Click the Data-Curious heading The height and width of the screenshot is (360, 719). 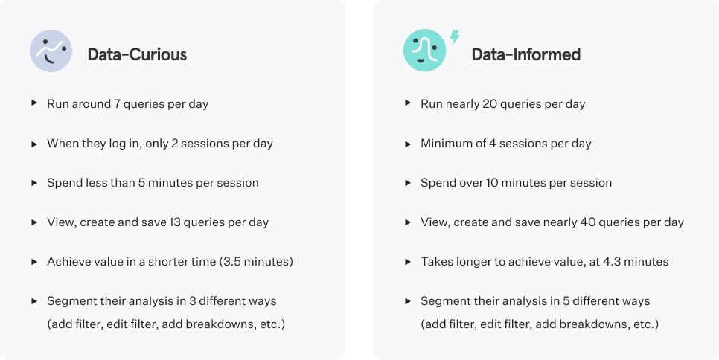click(x=137, y=54)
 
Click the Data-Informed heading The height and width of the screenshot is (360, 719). click(x=526, y=54)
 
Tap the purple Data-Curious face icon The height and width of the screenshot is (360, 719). click(x=51, y=51)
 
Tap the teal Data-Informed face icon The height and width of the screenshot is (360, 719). click(x=424, y=51)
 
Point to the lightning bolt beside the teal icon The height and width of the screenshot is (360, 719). click(x=455, y=37)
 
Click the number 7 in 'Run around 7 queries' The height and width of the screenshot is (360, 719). click(x=117, y=104)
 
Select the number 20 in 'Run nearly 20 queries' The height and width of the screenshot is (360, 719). click(x=490, y=104)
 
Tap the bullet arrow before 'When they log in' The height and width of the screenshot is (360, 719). click(x=34, y=144)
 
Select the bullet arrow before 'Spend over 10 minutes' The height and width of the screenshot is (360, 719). click(x=408, y=183)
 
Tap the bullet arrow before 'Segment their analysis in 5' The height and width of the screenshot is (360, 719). click(x=408, y=301)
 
